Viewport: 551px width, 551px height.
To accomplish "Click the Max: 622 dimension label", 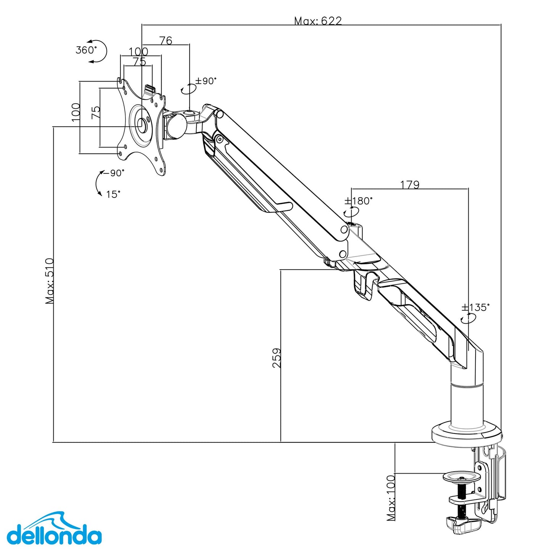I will [318, 21].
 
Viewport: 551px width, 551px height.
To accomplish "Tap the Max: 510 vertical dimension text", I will [50, 281].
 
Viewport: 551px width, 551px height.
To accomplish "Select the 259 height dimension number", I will [277, 358].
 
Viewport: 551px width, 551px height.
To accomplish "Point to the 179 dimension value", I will [410, 185].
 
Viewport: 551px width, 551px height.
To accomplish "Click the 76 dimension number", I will [165, 40].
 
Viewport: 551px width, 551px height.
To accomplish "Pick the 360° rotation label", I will [86, 50].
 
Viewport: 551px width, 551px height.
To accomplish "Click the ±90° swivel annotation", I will [206, 81].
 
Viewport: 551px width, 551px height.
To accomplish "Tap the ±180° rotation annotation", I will [358, 201].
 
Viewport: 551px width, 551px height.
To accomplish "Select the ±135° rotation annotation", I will [475, 307].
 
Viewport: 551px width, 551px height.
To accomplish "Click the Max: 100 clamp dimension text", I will [391, 498].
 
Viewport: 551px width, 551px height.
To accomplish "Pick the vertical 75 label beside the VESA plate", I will [96, 112].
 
